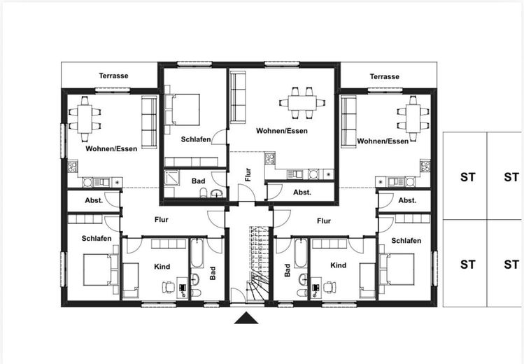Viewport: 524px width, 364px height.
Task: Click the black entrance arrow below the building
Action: point(246,318)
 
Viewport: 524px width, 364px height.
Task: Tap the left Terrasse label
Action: point(113,76)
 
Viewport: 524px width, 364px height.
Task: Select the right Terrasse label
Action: point(384,76)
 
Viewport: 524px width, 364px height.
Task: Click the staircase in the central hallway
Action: point(259,264)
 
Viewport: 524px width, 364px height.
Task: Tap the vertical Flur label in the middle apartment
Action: point(248,174)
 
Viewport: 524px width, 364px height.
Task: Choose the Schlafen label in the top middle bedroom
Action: point(196,139)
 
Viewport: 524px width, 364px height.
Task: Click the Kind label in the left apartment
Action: point(162,267)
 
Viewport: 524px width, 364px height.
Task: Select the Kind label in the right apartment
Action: point(338,265)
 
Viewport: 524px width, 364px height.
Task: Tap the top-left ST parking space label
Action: point(467,177)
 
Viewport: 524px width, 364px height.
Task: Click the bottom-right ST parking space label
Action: point(511,265)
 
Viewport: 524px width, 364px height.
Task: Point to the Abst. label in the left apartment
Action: point(94,201)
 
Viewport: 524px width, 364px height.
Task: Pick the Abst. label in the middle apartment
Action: point(302,192)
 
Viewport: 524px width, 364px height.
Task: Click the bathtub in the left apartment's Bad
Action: point(197,253)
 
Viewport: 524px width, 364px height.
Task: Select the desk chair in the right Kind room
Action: point(330,287)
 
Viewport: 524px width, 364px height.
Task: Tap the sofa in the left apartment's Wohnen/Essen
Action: point(149,122)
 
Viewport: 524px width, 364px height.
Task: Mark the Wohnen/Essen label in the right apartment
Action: point(383,141)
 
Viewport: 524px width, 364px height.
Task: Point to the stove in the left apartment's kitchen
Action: point(73,167)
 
